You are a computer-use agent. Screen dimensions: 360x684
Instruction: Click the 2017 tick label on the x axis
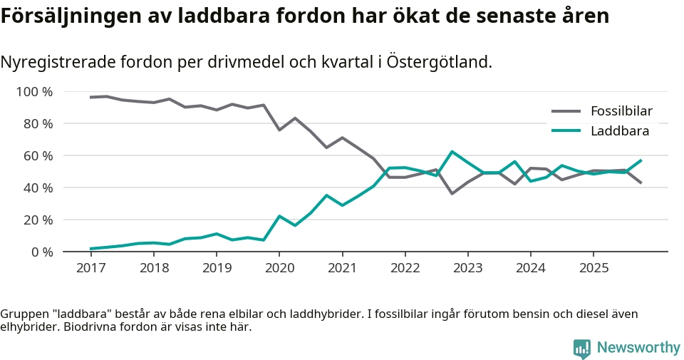click(x=90, y=268)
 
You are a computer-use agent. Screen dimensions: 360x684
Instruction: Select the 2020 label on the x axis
click(x=279, y=268)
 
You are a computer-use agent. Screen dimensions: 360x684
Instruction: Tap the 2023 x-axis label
click(x=467, y=268)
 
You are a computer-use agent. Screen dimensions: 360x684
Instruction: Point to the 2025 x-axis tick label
click(x=594, y=268)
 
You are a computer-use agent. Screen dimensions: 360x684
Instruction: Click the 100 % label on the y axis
click(x=35, y=92)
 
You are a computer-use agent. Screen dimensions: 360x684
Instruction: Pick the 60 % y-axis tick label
click(x=38, y=155)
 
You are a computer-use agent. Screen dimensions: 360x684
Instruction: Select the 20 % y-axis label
click(x=38, y=220)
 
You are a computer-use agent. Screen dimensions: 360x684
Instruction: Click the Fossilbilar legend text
click(x=621, y=111)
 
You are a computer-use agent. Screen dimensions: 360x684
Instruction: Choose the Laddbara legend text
click(x=619, y=130)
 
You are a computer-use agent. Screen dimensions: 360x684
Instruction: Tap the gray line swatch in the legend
click(x=566, y=111)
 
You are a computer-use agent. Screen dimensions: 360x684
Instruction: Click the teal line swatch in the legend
click(x=566, y=130)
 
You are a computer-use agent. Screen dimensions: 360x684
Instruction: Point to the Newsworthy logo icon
click(x=581, y=348)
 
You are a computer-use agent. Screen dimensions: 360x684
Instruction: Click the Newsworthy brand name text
click(x=638, y=348)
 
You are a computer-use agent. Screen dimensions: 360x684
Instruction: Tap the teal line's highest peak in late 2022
click(x=452, y=151)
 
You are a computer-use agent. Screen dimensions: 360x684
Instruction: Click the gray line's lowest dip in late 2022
click(x=452, y=193)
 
